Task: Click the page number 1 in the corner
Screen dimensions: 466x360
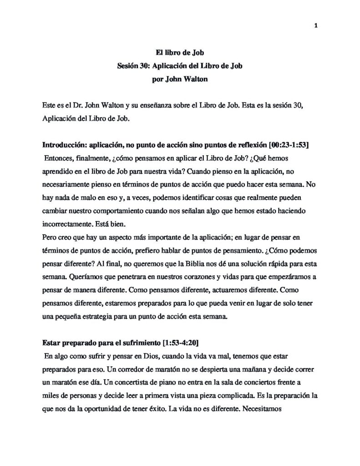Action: (x=315, y=25)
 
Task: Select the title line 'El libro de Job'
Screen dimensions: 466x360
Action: (x=180, y=53)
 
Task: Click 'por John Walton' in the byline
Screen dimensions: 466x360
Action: (x=180, y=78)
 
